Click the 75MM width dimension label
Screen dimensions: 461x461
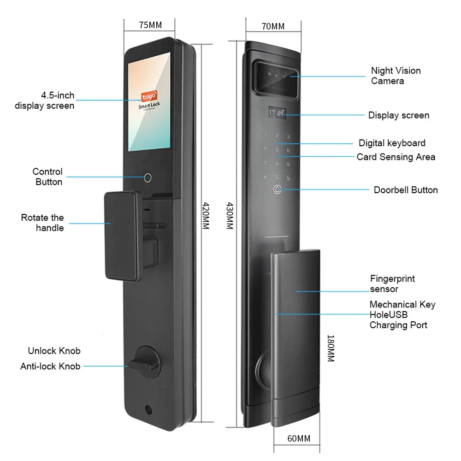pos(150,25)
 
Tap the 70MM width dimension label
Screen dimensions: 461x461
pos(273,26)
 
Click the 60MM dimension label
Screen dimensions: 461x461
pos(299,438)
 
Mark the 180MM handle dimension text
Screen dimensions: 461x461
pos(330,348)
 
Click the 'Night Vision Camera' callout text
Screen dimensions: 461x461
pos(396,76)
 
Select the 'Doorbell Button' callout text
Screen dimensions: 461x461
pos(406,190)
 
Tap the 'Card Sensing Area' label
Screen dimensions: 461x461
pos(396,157)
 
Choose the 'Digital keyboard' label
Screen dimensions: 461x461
pos(392,143)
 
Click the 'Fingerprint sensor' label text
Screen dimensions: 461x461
pos(392,284)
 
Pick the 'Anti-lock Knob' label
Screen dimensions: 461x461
pos(50,366)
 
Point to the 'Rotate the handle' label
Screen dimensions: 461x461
pos(42,223)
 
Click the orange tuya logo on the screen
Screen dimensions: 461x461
pos(149,96)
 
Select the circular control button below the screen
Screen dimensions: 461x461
pos(148,178)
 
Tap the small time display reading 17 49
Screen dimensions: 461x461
pos(277,112)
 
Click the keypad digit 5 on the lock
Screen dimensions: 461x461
pos(277,150)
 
